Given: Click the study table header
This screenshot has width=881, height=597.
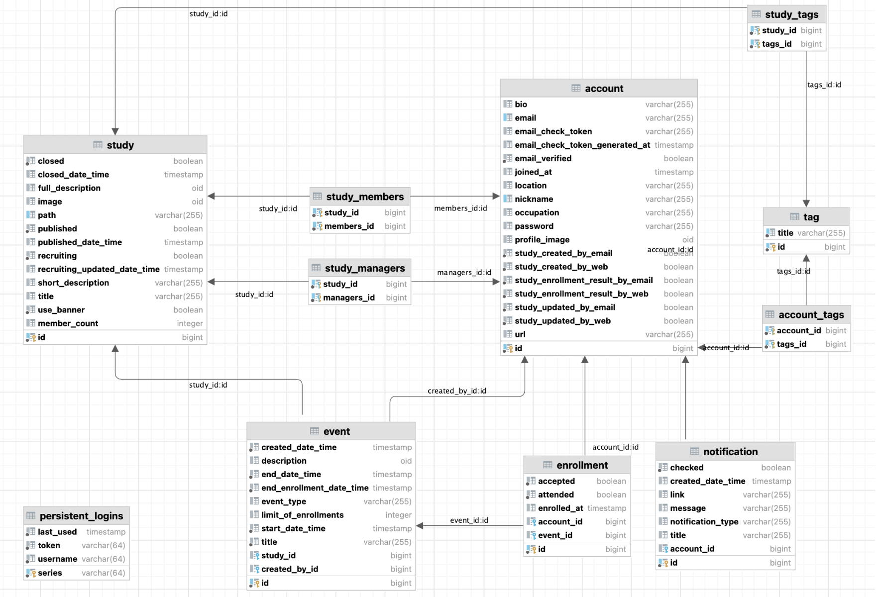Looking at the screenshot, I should pos(120,145).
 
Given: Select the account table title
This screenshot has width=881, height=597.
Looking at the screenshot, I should pos(604,89).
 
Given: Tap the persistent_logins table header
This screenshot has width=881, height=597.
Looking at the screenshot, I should pos(81,516).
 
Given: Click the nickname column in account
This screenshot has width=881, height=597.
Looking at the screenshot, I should pos(534,199).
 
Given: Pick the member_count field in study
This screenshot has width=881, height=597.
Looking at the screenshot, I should pos(68,323).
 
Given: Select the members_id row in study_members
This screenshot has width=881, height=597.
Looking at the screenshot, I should pos(349,226).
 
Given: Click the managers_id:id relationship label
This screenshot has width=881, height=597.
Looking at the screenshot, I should pos(464,273).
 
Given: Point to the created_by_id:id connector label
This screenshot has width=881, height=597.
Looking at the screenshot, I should pos(456,391).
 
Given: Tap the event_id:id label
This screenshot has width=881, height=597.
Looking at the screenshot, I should pos(469,520).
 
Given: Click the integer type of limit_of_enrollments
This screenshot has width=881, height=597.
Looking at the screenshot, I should pos(398,515).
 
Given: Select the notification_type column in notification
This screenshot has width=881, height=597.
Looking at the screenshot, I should pos(704,522).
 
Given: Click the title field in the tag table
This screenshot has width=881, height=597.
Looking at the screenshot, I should pos(785,233).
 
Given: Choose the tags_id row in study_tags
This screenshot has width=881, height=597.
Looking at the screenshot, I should pos(776,44).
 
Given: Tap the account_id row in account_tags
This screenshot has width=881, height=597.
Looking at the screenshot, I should pos(798,331).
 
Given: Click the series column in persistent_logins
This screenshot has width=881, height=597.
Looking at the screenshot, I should pos(50,573).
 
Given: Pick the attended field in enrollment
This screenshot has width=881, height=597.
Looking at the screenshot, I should pos(555,495).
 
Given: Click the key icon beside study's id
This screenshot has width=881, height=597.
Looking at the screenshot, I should pos(31,337).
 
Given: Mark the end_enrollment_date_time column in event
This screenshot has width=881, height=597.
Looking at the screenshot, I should pos(315,488).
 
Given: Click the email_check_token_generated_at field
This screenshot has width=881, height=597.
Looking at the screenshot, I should pos(582,145).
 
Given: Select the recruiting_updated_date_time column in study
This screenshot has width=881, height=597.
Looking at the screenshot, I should pos(99,269).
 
